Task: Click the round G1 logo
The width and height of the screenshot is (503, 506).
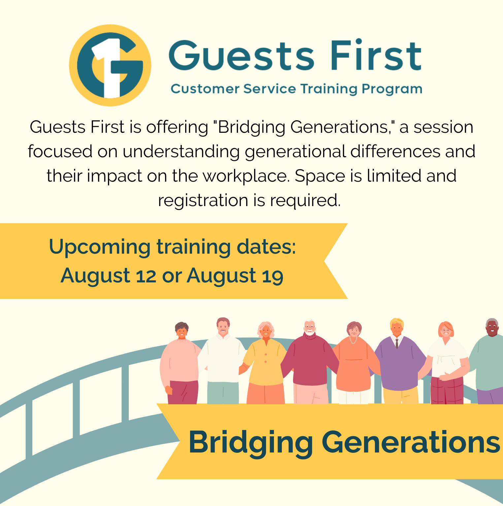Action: click(x=110, y=65)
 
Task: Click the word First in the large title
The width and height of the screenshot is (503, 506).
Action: click(x=376, y=55)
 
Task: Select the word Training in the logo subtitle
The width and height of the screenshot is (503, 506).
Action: click(x=329, y=89)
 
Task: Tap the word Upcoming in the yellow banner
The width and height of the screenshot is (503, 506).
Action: click(x=100, y=247)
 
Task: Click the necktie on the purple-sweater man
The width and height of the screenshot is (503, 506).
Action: click(x=397, y=343)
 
